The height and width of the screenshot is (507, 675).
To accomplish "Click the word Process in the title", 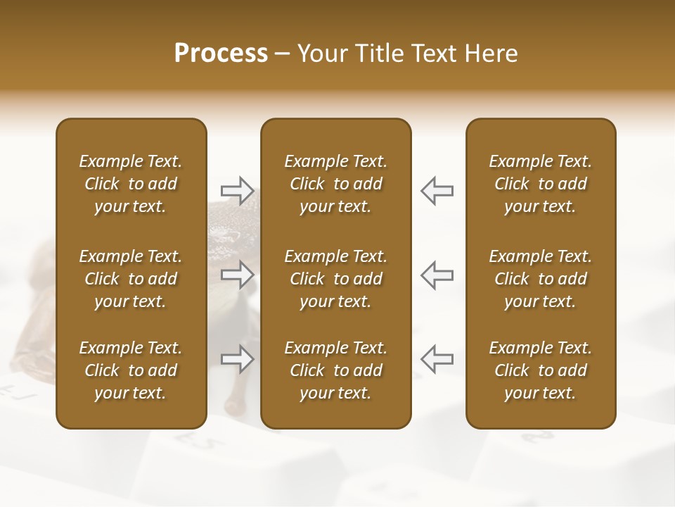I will point(221,54).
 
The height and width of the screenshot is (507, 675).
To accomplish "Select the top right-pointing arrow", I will point(237,190).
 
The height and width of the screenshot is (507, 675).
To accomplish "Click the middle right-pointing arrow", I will point(237,275).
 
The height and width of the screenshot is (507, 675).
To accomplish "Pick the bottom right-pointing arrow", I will point(237,359).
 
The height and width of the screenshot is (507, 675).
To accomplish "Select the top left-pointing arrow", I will point(437,190).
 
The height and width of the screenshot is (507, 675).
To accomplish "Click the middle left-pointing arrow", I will point(437,275).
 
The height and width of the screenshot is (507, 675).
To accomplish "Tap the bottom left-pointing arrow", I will point(437,359).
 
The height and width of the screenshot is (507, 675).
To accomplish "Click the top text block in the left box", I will point(131,184).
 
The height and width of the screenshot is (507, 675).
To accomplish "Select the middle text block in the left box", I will point(131,279).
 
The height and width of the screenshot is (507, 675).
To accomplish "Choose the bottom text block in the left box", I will point(131,370).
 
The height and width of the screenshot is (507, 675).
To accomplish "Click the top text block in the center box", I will point(335,184).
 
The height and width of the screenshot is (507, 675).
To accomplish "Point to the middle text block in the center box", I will point(335,279).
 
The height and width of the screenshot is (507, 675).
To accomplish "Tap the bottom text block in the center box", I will point(335,370).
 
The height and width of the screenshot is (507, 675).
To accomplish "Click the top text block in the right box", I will point(540,184).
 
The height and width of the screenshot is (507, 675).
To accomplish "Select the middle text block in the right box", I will point(540,279).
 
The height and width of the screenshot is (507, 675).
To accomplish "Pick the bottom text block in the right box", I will point(540,370).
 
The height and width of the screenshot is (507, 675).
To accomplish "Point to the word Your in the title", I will point(319,54).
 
